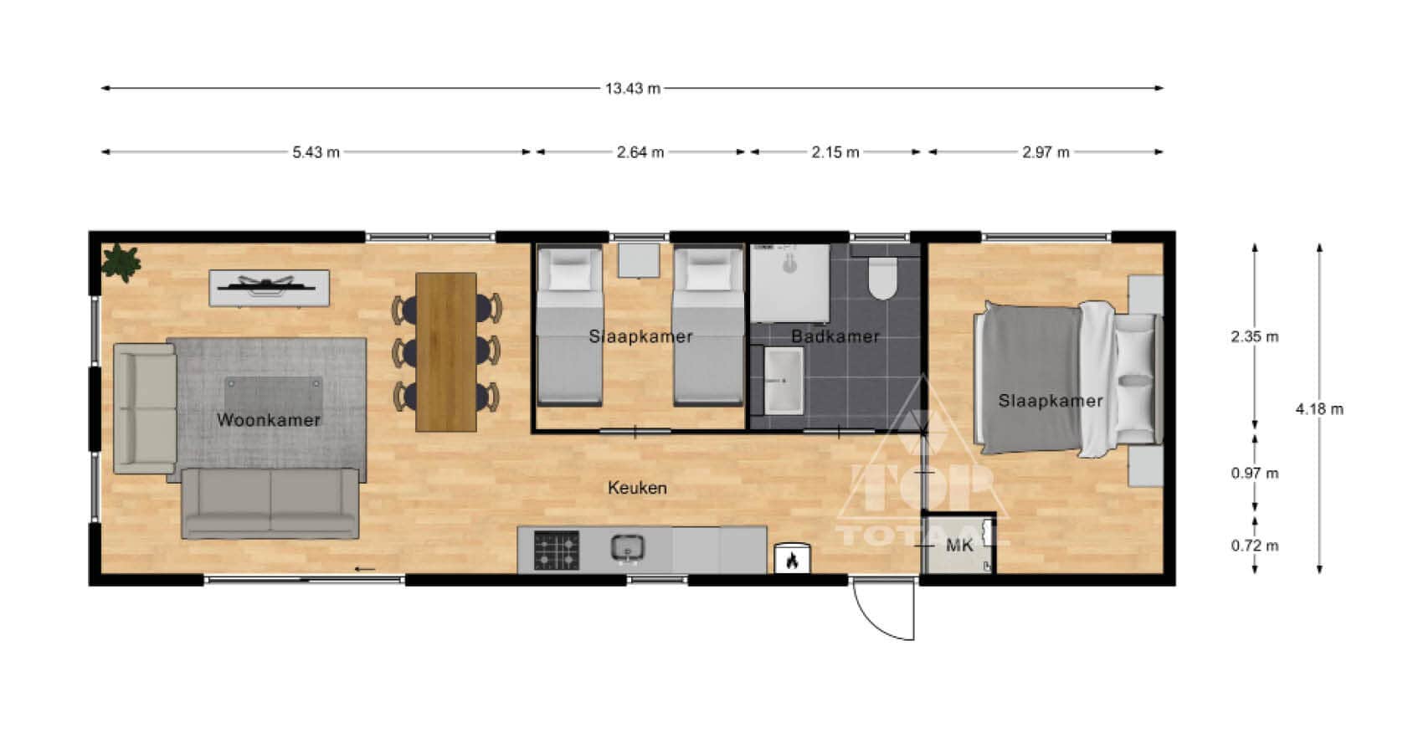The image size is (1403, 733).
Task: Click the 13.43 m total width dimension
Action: pos(633,88)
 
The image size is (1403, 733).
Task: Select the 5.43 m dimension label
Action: pos(316,152)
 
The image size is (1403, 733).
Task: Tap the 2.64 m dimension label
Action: pos(640,152)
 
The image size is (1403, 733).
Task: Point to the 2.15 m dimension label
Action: pos(835,152)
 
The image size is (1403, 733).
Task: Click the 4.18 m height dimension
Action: pos(1319,409)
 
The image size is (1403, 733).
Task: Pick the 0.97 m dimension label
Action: pos(1255,474)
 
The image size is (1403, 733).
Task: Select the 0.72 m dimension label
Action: pos(1255,546)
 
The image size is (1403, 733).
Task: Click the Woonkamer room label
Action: pos(269,420)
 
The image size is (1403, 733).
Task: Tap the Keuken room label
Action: pos(637,488)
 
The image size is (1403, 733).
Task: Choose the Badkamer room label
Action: pos(835,336)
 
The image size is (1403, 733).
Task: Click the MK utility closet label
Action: pos(959,546)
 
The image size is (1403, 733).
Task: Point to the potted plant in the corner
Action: pos(121,263)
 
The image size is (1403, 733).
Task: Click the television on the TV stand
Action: pos(267,285)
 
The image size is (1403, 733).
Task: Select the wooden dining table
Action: pos(446,351)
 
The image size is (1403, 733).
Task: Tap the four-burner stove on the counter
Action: pos(556,551)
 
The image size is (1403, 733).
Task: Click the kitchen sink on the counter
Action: pos(628,549)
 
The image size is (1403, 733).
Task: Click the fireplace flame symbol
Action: pos(792,560)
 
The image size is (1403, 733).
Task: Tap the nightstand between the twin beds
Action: pos(638,260)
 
